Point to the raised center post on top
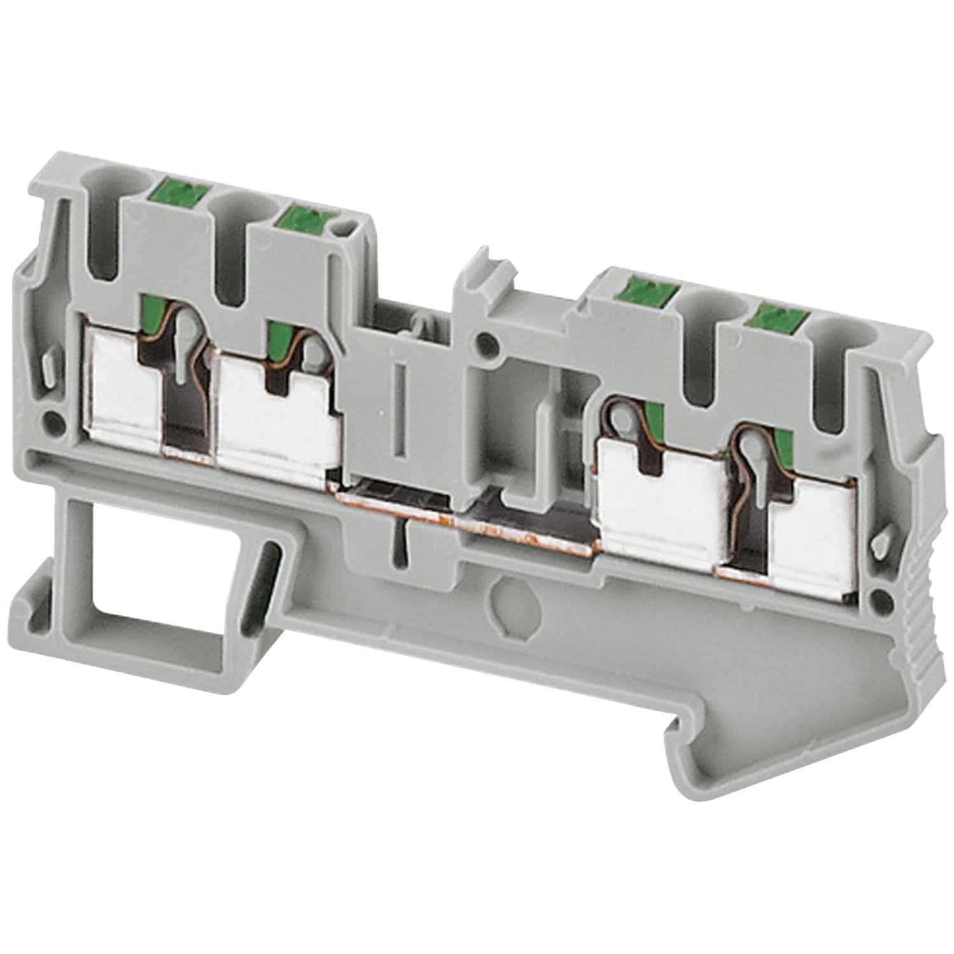[477, 280]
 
